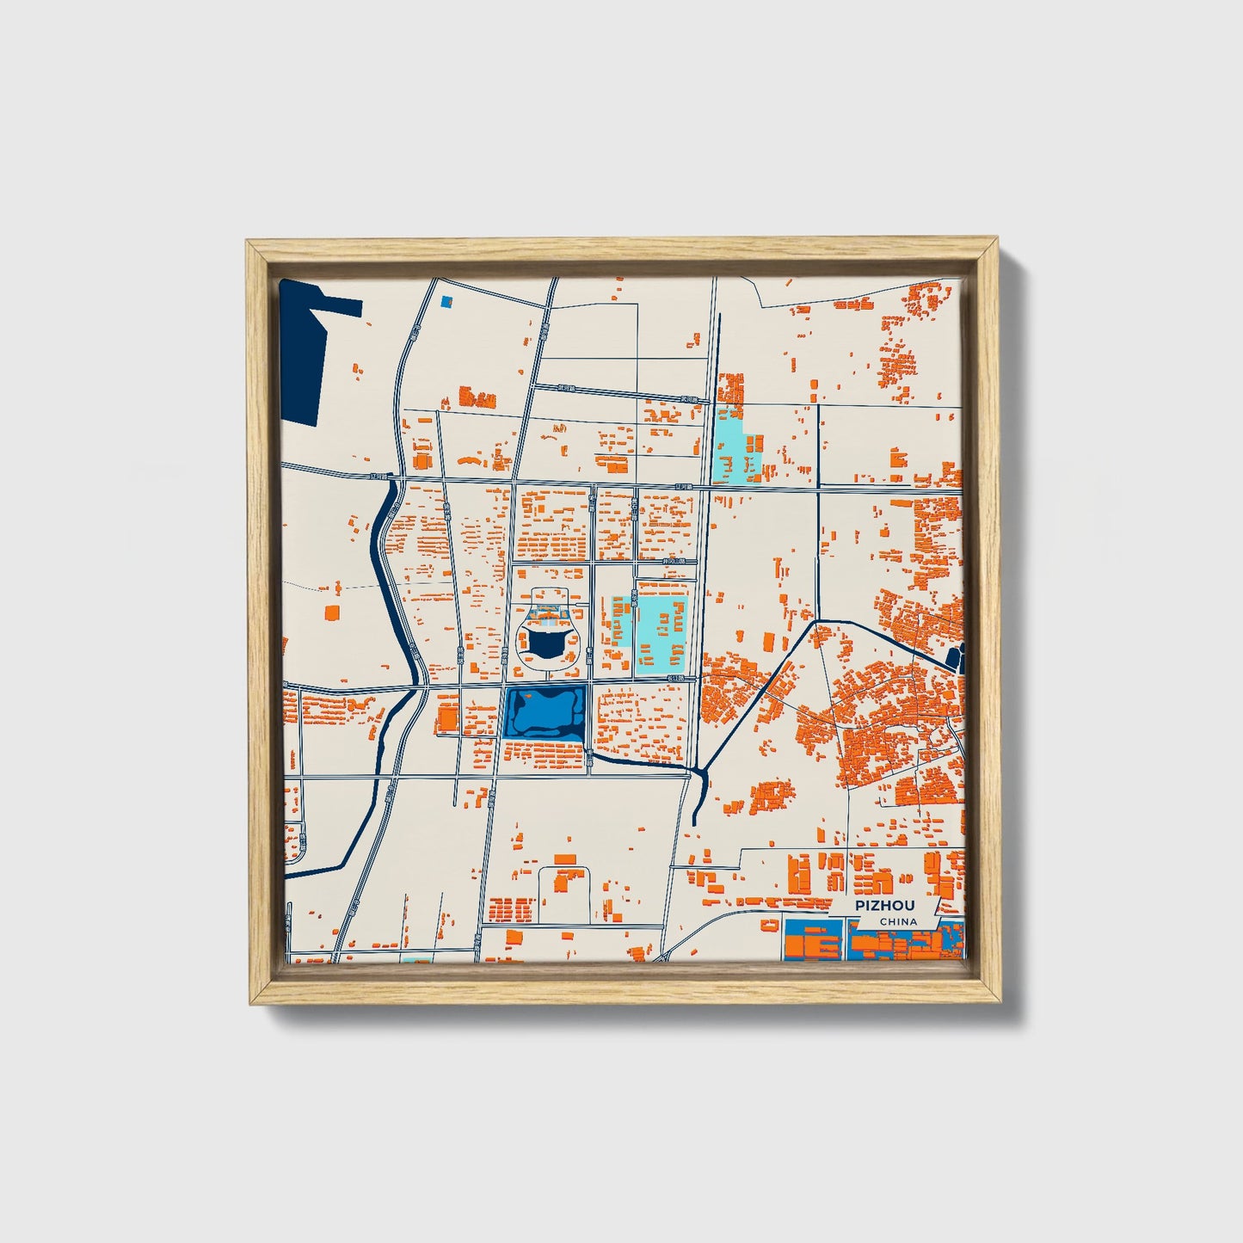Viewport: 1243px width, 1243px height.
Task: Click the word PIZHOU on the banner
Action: pos(884,906)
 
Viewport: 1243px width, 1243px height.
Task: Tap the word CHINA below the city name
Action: pos(898,922)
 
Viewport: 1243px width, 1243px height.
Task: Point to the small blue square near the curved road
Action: pos(446,302)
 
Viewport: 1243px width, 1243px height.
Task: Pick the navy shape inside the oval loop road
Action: pos(545,643)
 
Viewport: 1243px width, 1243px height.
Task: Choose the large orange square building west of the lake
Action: pos(447,717)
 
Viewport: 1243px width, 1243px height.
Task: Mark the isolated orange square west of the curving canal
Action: pos(331,612)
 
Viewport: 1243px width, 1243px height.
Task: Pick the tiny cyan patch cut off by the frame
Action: pos(417,959)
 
